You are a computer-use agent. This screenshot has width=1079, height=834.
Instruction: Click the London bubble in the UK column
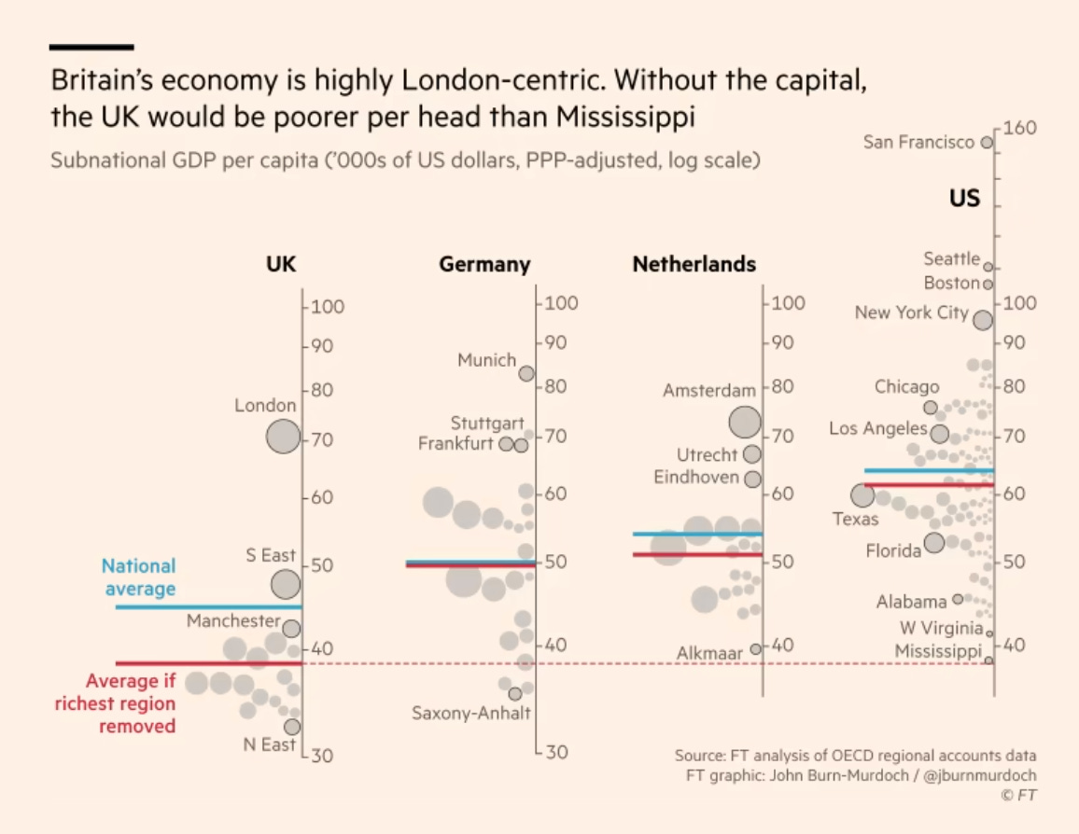[283, 436]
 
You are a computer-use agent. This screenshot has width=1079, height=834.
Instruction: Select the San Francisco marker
[986, 143]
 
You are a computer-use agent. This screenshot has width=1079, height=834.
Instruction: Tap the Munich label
[486, 360]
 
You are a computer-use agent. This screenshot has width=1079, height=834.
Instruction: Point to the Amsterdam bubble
[744, 422]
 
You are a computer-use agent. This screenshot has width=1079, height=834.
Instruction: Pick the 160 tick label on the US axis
[1021, 128]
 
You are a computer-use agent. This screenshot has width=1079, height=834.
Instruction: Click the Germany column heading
[484, 265]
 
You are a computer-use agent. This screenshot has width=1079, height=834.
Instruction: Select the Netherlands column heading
[694, 265]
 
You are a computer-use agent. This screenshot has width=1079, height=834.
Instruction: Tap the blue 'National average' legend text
[139, 577]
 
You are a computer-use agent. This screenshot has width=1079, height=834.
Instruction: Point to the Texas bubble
[862, 495]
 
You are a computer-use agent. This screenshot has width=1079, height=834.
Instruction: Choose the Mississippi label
[939, 651]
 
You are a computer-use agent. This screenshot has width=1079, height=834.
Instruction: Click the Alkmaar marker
[756, 648]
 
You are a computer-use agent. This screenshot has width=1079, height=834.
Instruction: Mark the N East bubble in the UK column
[292, 727]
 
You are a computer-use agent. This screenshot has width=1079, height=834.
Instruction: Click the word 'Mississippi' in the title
[639, 119]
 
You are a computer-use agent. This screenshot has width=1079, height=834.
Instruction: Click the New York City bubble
[982, 320]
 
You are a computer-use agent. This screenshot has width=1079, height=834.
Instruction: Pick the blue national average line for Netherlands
[697, 534]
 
